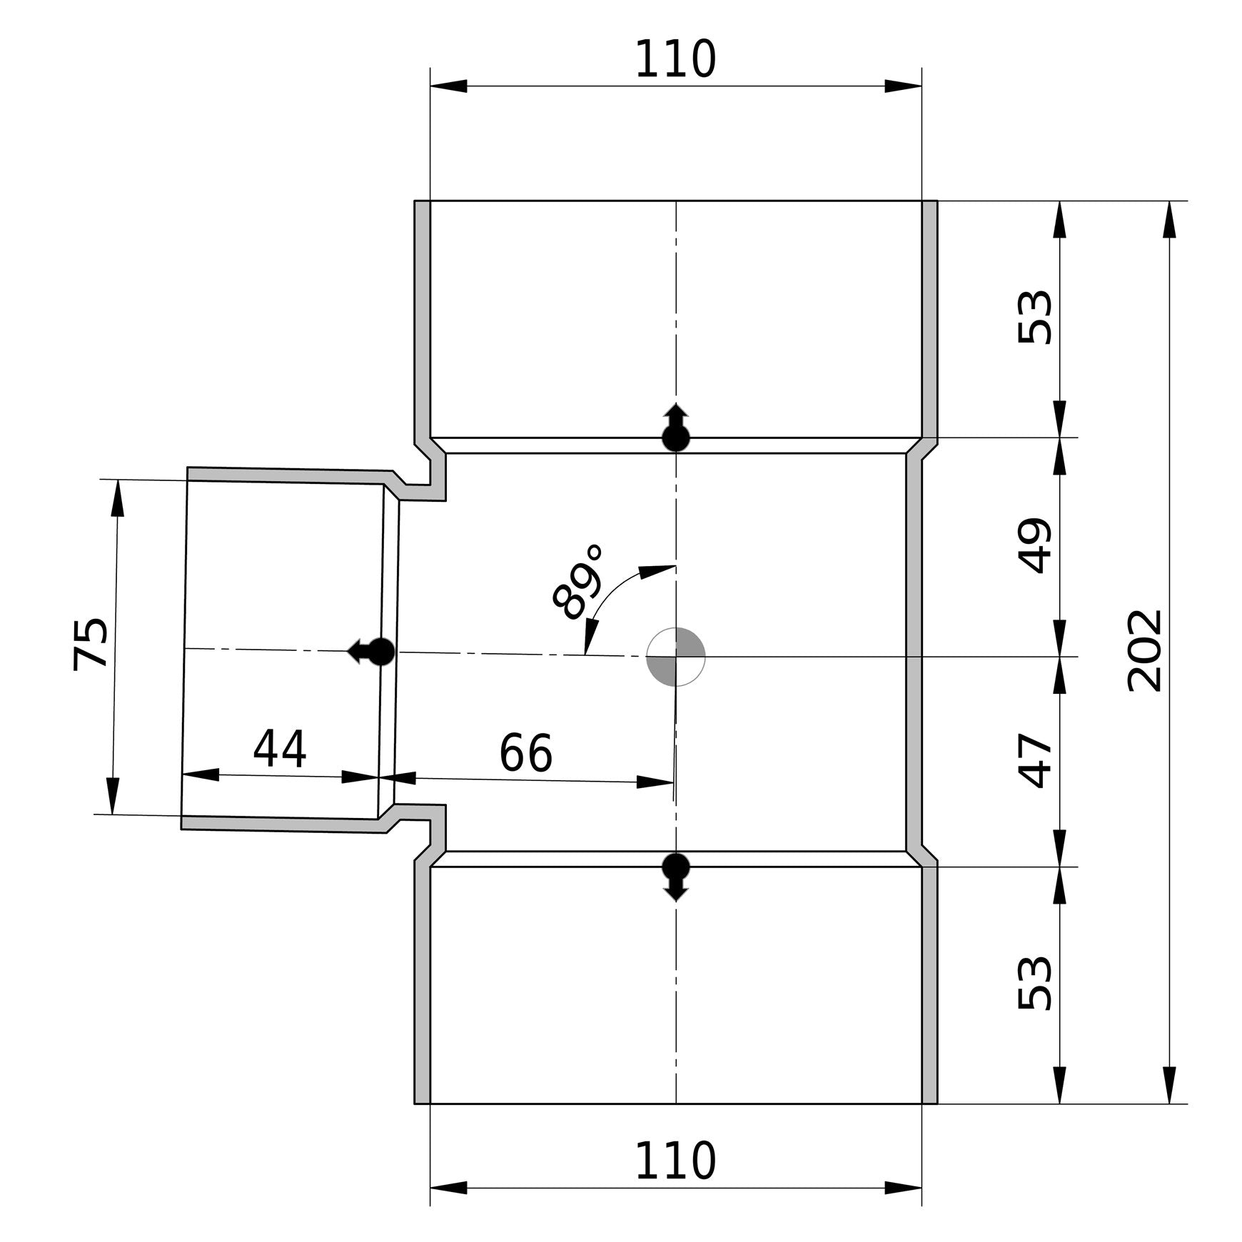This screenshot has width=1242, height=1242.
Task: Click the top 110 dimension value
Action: pyautogui.click(x=675, y=59)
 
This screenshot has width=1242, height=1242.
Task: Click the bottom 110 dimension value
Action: pyautogui.click(x=675, y=1161)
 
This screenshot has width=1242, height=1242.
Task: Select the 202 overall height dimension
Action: pyautogui.click(x=1145, y=650)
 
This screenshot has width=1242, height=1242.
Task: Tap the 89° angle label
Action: pyautogui.click(x=579, y=582)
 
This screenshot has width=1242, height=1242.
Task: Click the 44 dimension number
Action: pyautogui.click(x=280, y=749)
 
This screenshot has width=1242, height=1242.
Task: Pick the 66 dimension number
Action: pyautogui.click(x=525, y=753)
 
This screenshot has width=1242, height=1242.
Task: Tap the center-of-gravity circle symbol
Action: pyautogui.click(x=675, y=657)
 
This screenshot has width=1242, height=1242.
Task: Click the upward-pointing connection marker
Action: pyautogui.click(x=676, y=427)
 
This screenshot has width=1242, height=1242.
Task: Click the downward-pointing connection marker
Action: pyautogui.click(x=676, y=877)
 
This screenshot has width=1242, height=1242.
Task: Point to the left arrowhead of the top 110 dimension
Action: pyautogui.click(x=449, y=86)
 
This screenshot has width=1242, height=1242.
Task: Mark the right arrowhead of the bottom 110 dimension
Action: pyautogui.click(x=903, y=1188)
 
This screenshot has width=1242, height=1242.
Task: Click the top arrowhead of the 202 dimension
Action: pyautogui.click(x=1169, y=219)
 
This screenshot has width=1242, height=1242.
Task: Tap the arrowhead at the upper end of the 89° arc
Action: pyautogui.click(x=657, y=571)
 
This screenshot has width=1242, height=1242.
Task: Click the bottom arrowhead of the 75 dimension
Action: pyautogui.click(x=112, y=795)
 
